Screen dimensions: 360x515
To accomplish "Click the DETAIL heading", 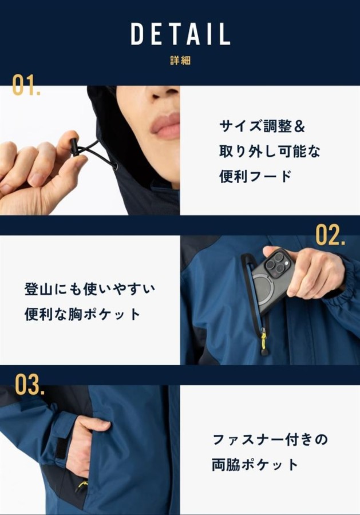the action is tap(180, 34).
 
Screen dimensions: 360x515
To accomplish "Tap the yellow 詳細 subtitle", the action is tap(180, 61).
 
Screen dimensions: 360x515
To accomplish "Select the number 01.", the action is tap(26, 85).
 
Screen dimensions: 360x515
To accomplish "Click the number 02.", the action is tap(330, 235).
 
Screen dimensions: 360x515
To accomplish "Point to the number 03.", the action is tap(30, 385).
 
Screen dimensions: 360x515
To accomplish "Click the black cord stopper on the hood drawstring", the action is tap(74, 148).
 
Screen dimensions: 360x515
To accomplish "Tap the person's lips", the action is tap(165, 126).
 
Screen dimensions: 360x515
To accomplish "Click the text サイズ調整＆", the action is tap(262, 126).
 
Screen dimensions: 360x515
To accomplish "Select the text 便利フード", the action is tap(255, 176).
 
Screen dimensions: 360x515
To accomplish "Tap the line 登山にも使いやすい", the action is tap(90, 290).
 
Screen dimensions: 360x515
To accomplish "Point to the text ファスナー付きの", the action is tap(270, 439).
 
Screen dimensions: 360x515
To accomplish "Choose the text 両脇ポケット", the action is tap(255, 465).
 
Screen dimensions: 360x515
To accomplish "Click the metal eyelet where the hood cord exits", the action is tap(114, 167).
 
